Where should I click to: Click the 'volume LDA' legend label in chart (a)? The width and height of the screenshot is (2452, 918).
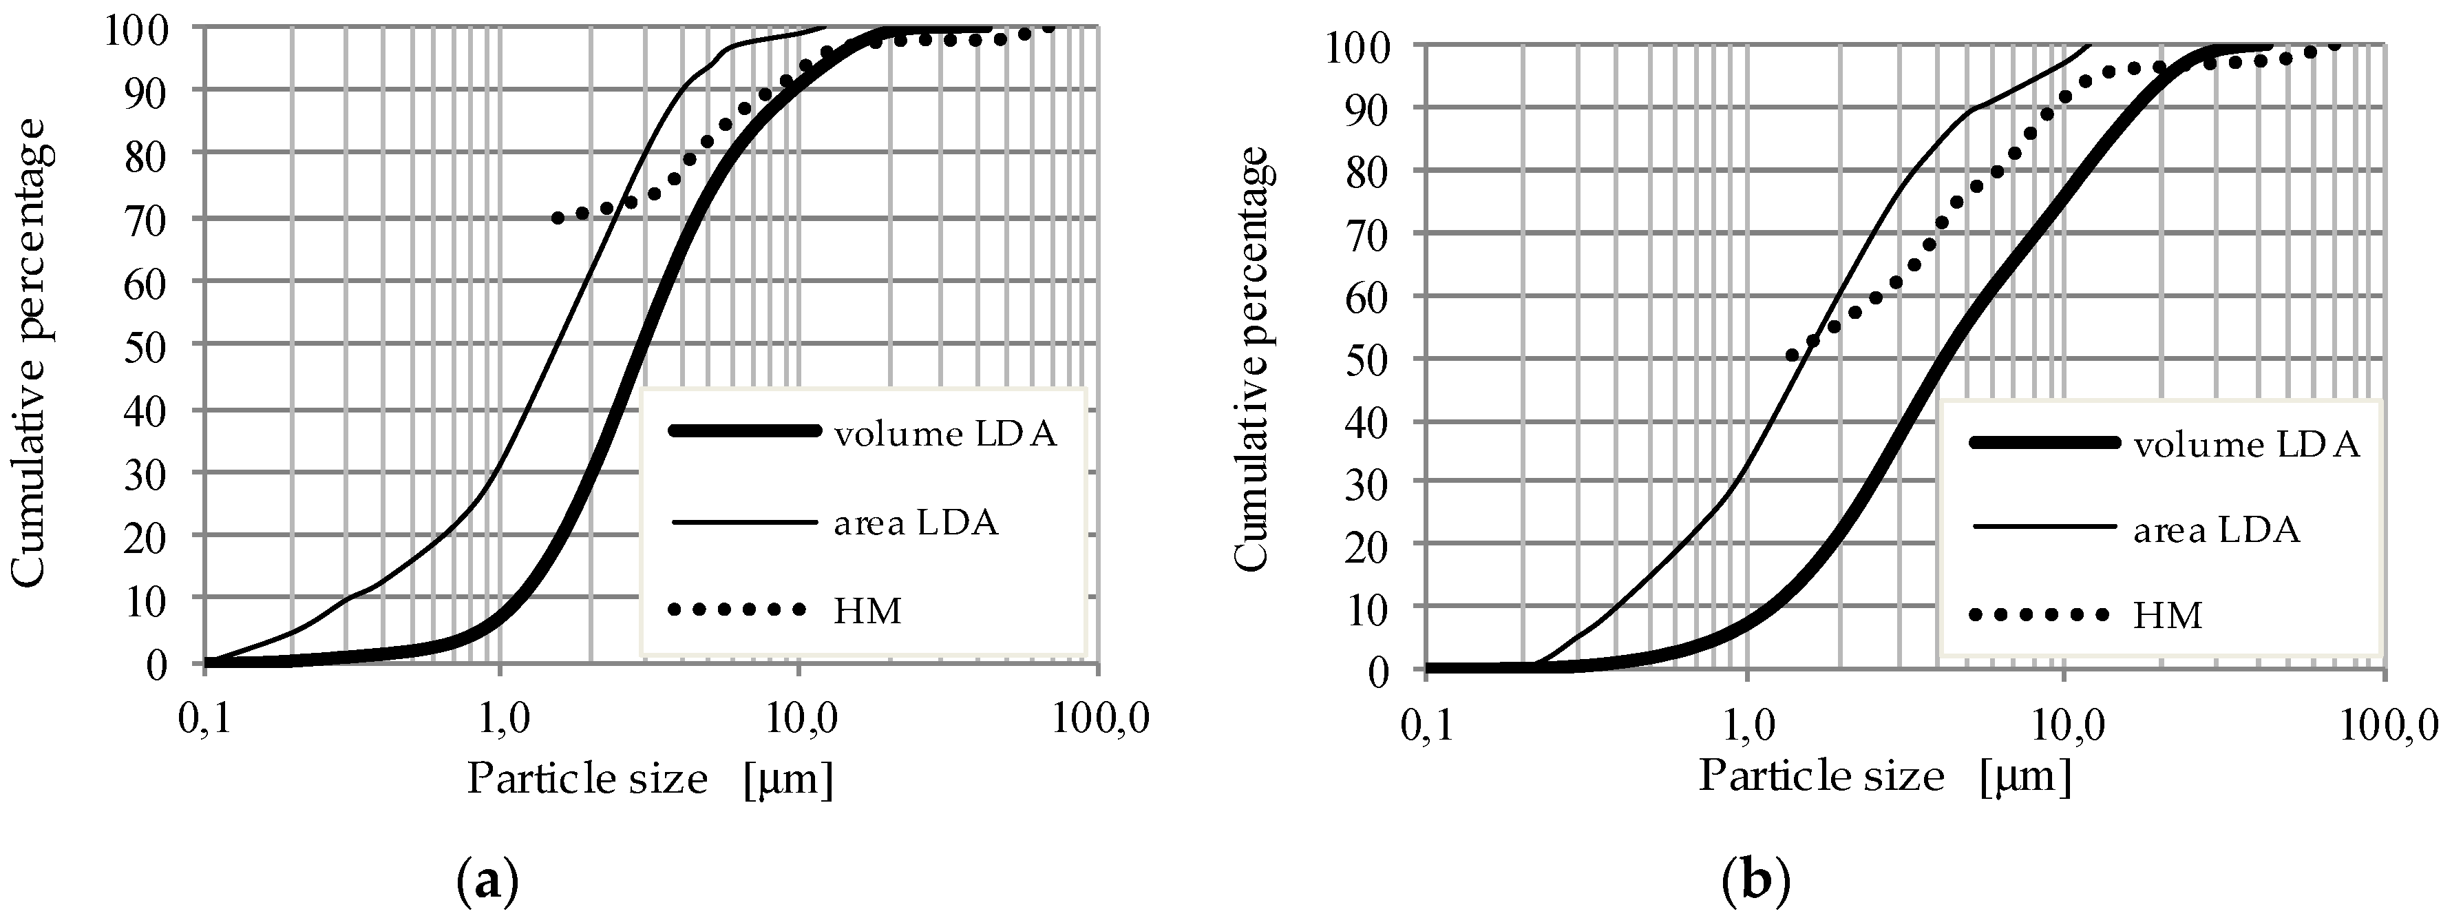pyautogui.click(x=945, y=435)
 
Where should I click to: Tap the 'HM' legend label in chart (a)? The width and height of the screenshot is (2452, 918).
pyautogui.click(x=867, y=610)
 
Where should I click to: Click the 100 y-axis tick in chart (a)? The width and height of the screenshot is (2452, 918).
pyautogui.click(x=138, y=28)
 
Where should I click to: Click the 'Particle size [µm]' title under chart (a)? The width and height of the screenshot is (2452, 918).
pyautogui.click(x=650, y=780)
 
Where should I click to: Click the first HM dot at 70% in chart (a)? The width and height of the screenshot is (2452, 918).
pyautogui.click(x=558, y=218)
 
